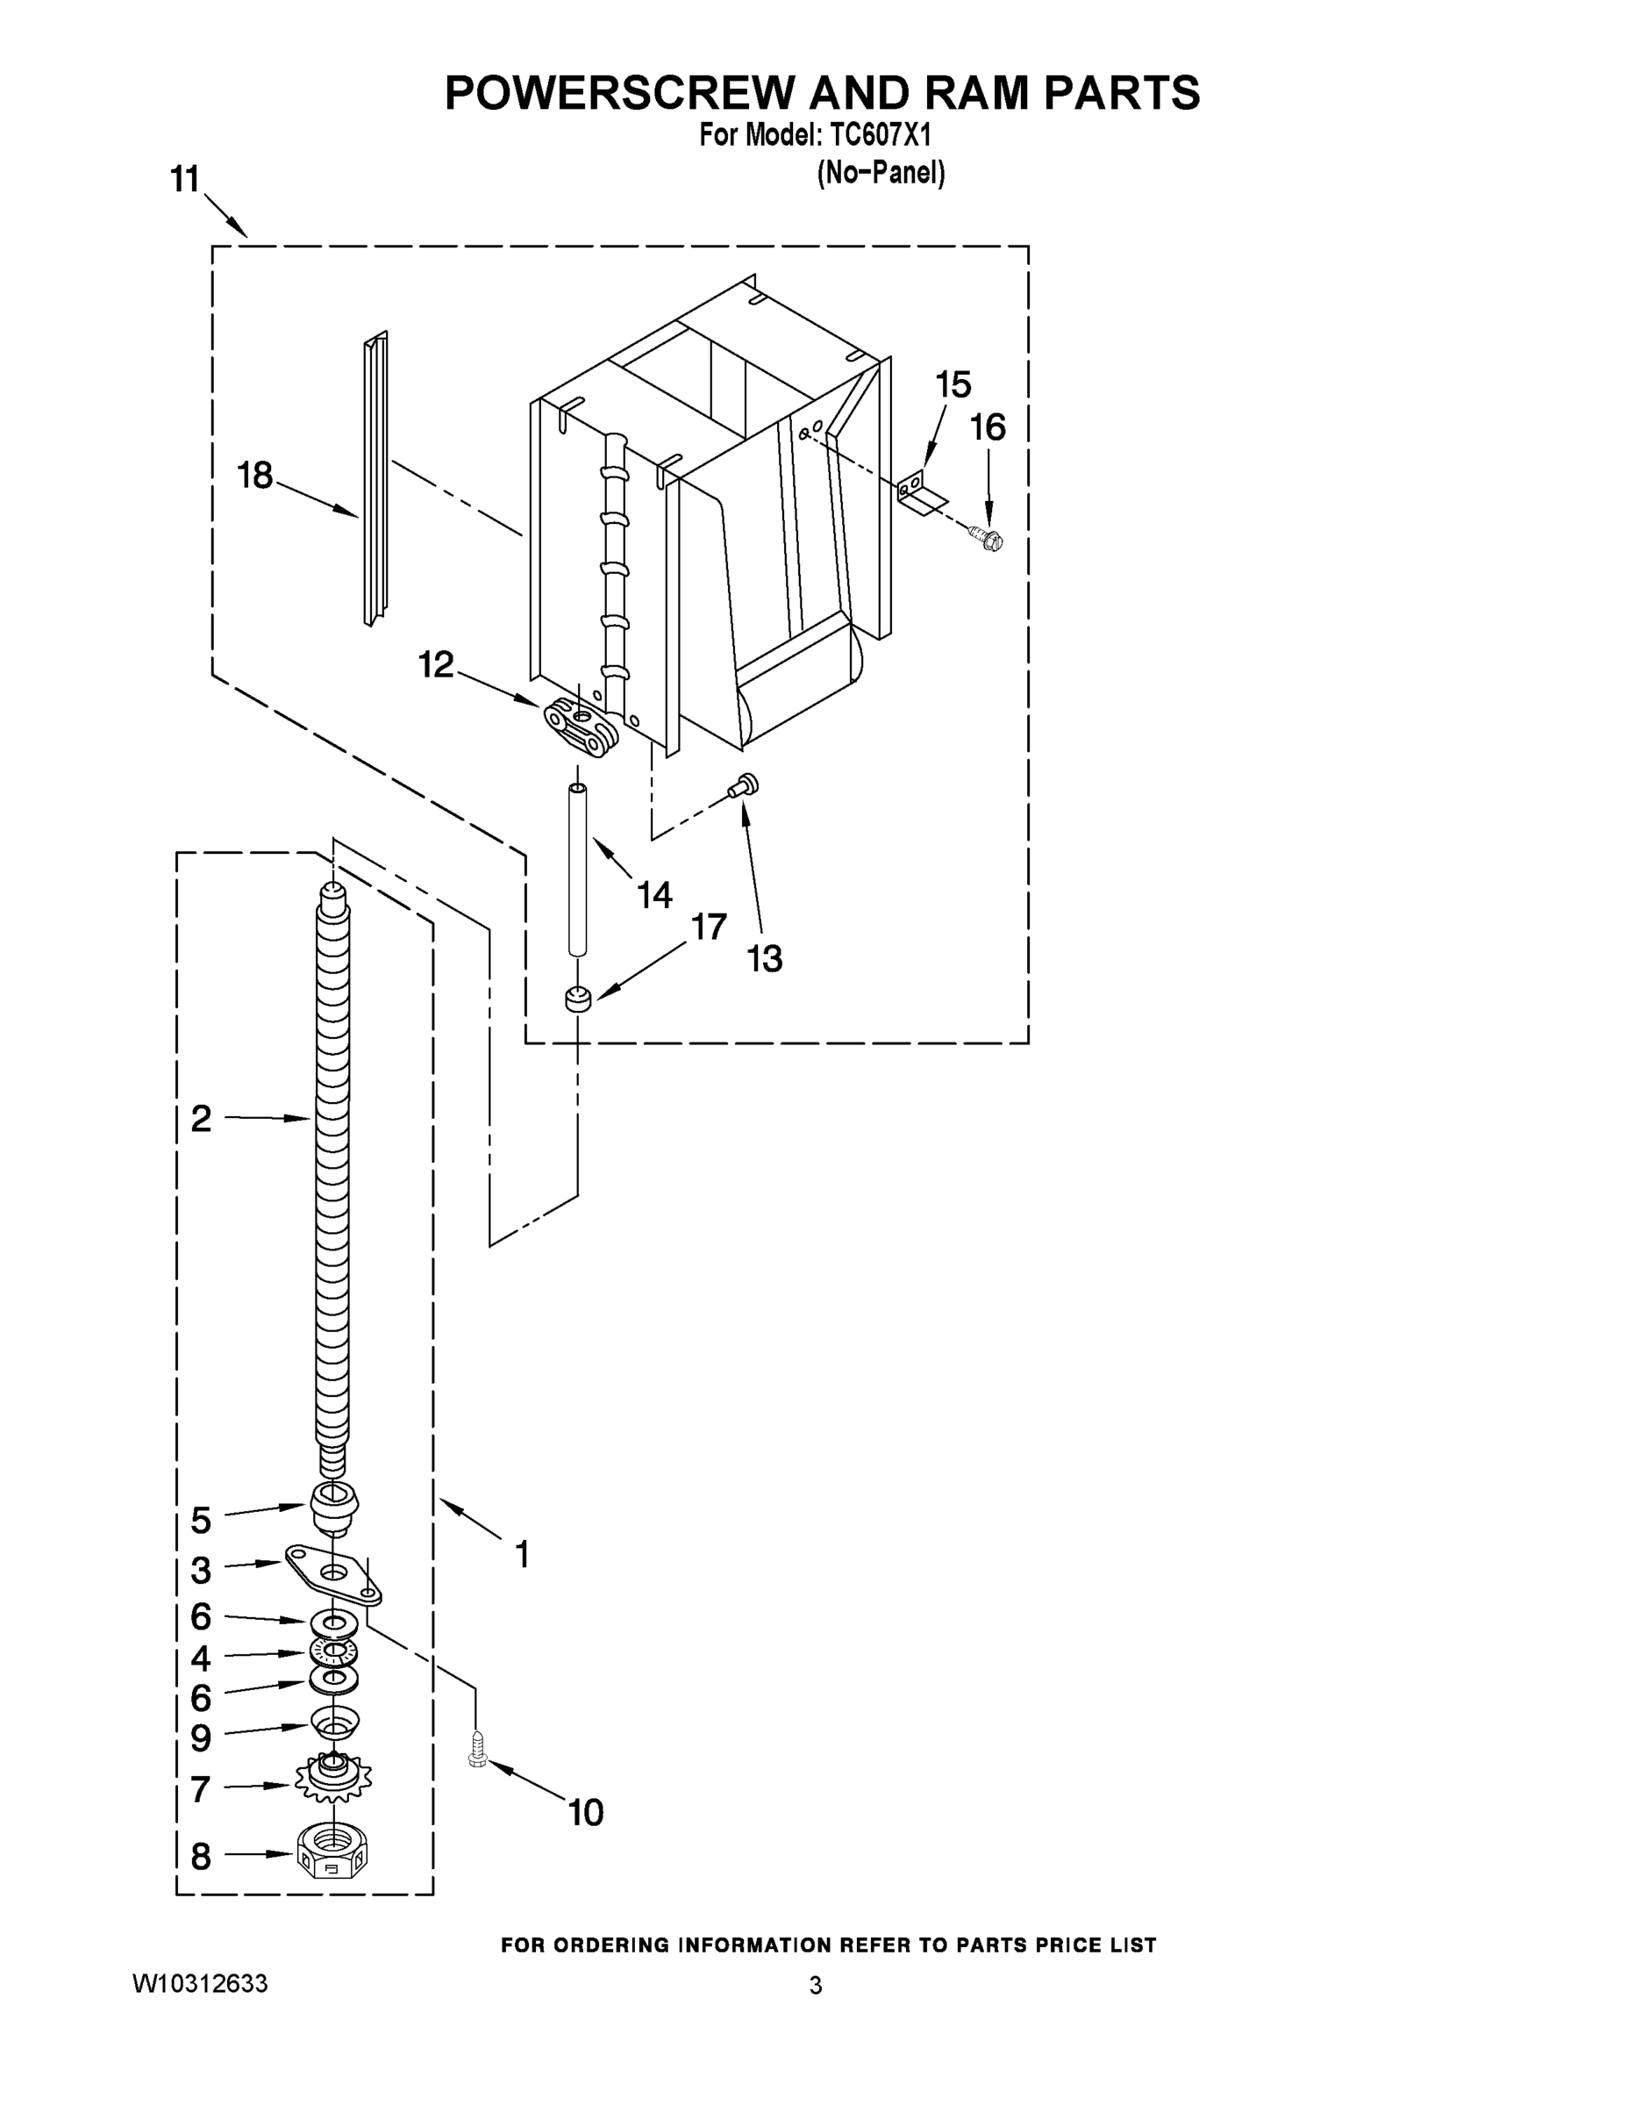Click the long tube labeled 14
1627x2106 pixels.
pyautogui.click(x=576, y=870)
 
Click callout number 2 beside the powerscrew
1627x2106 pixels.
pyautogui.click(x=201, y=1119)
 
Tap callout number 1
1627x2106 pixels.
pyautogui.click(x=522, y=1554)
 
